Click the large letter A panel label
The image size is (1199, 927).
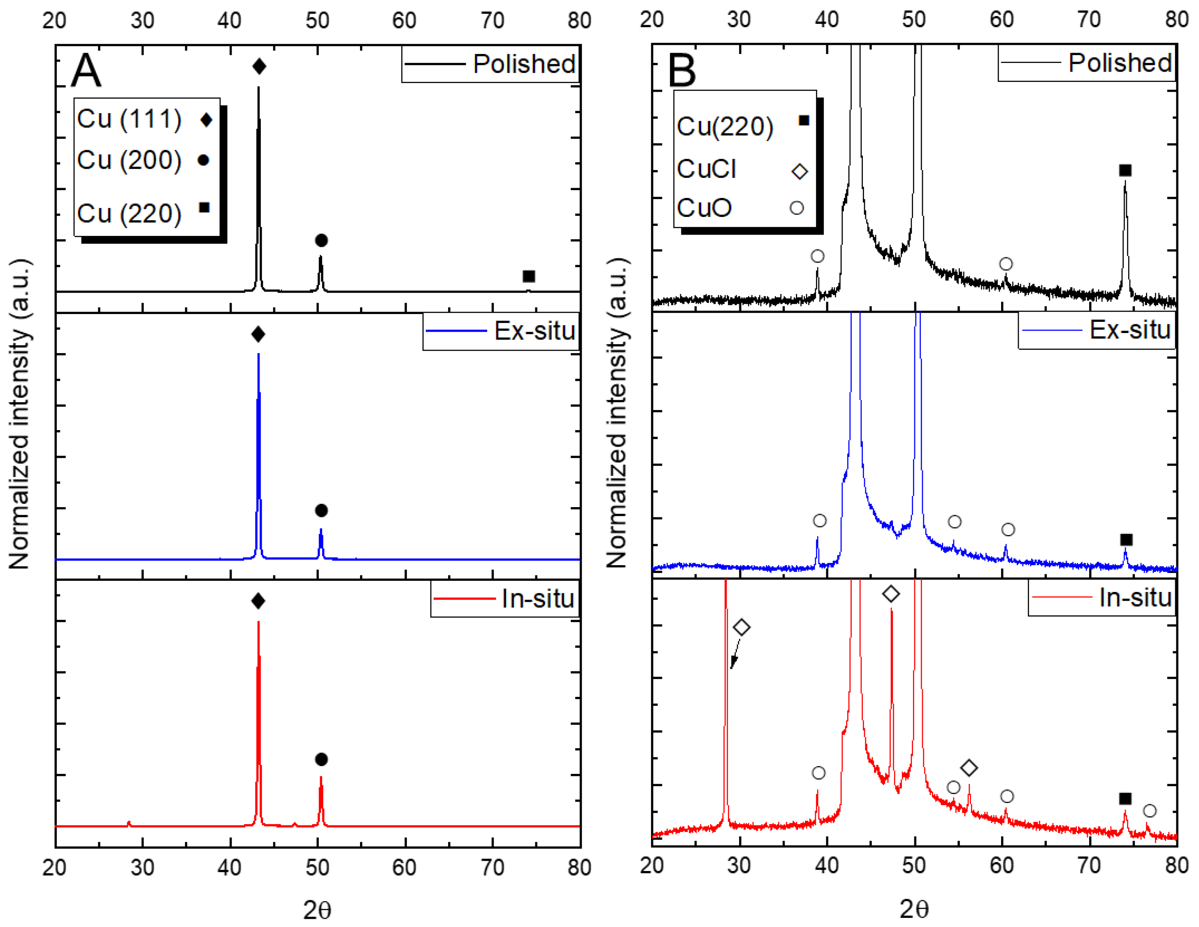click(x=86, y=70)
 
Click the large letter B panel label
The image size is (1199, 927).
click(x=682, y=70)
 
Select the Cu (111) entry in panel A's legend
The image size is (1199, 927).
click(x=130, y=119)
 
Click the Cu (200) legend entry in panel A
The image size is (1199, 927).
click(x=130, y=160)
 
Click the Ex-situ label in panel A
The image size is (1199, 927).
click(x=534, y=331)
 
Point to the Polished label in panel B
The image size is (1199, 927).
click(x=1120, y=63)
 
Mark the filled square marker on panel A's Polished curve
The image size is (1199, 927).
click(x=529, y=276)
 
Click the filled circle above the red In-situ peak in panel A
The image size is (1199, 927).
click(x=322, y=759)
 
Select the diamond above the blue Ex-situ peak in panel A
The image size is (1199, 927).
click(x=258, y=334)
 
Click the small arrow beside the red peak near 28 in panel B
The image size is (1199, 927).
click(x=734, y=656)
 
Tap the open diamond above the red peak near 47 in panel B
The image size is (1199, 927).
click(x=891, y=594)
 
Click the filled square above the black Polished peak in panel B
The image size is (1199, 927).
click(x=1125, y=171)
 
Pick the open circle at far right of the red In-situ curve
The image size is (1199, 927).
click(x=1150, y=811)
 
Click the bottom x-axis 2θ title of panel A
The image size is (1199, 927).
click(x=317, y=910)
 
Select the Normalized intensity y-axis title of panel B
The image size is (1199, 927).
click(x=617, y=413)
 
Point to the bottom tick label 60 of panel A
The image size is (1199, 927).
click(x=404, y=868)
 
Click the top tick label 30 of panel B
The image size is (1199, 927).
click(x=739, y=20)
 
